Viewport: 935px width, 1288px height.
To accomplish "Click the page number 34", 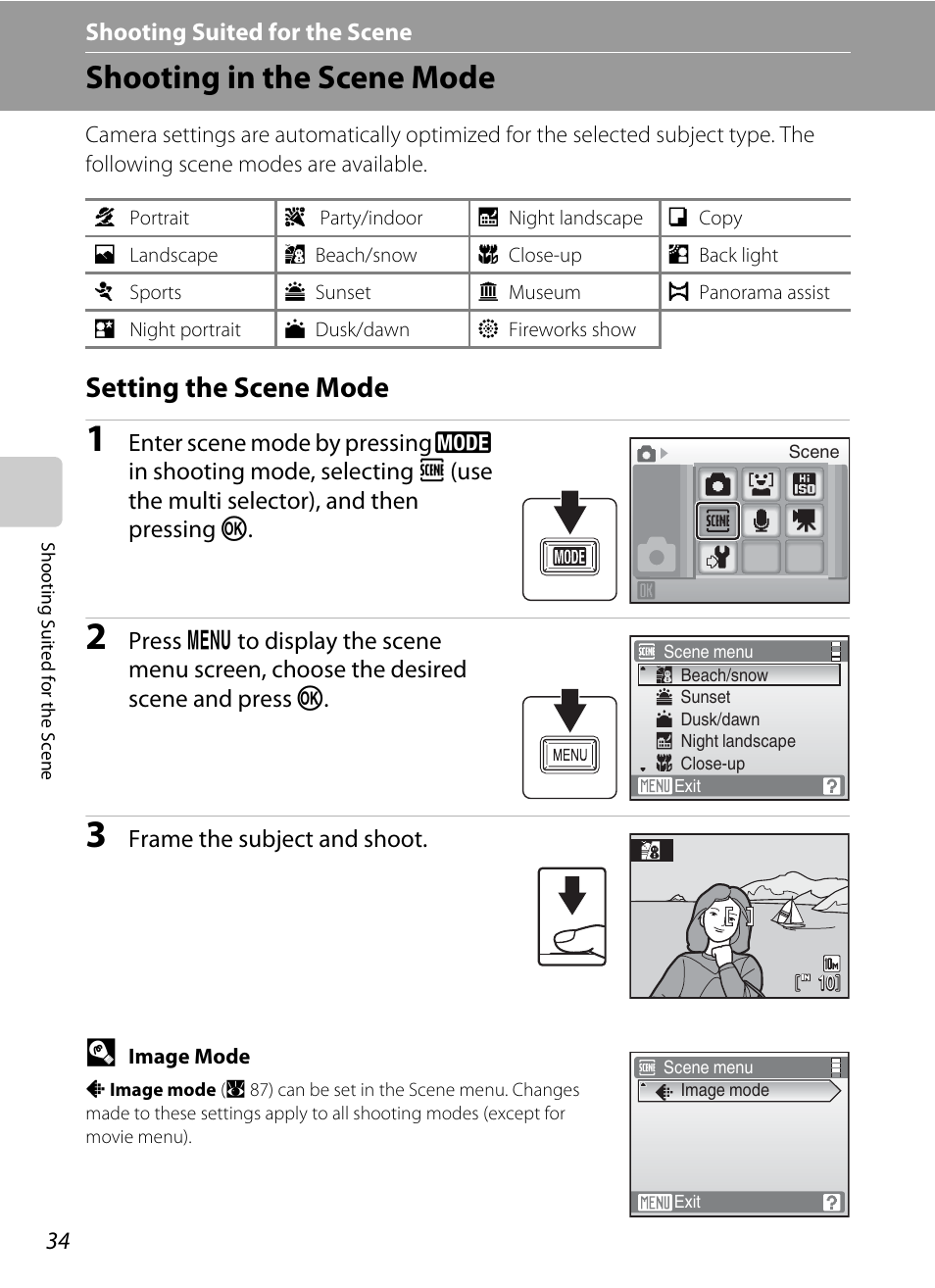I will click(x=58, y=1241).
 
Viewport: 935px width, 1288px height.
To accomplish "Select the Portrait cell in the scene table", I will click(x=159, y=218).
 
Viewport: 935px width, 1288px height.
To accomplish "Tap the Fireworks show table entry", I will click(x=571, y=329).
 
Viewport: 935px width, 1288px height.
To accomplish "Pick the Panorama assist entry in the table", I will click(x=763, y=292).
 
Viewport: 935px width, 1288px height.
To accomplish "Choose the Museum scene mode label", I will click(x=544, y=292).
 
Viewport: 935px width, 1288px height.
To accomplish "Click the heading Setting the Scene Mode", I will click(x=237, y=388).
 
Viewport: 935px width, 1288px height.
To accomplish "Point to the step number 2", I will click(x=96, y=637).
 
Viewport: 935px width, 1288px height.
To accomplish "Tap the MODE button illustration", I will click(x=569, y=557).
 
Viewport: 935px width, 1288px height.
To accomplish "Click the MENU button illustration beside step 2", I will click(x=569, y=755).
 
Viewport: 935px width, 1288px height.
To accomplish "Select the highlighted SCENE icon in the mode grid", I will click(x=717, y=520).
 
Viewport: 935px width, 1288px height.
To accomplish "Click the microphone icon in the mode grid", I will click(x=761, y=520).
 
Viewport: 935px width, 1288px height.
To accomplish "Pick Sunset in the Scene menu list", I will click(x=705, y=697).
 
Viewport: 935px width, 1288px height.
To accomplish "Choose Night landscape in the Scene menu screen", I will click(x=737, y=741).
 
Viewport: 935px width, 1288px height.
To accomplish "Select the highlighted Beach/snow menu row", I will click(x=739, y=675).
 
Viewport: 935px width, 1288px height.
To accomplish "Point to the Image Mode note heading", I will click(x=188, y=1056).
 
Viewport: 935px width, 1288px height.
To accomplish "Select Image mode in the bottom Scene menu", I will click(x=724, y=1090).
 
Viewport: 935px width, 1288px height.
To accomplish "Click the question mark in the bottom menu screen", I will click(x=831, y=1202).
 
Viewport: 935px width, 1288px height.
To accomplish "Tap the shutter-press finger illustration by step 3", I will click(x=572, y=916).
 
